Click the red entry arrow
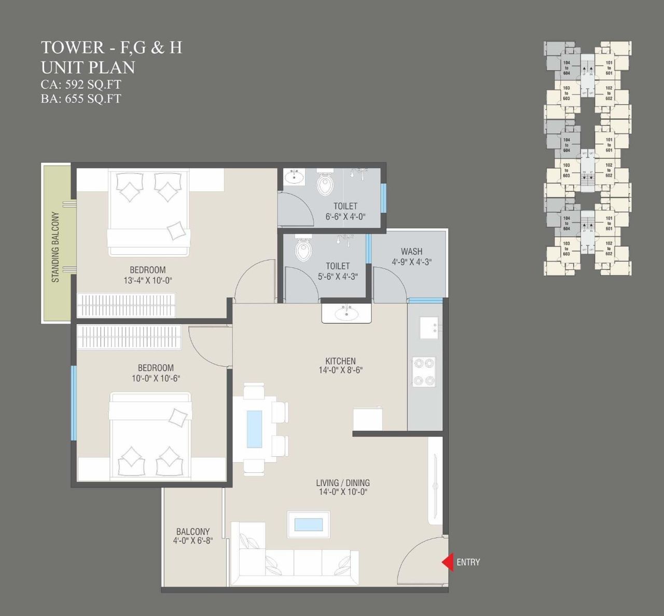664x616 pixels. [447, 562]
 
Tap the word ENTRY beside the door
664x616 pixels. [468, 562]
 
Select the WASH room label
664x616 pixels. [411, 252]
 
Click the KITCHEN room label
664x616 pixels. [340, 361]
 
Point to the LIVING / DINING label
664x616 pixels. [342, 483]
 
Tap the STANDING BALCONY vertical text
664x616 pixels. [56, 248]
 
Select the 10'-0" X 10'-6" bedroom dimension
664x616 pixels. [156, 378]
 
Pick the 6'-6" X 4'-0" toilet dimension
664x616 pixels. [345, 216]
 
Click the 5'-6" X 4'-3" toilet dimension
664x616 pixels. [338, 277]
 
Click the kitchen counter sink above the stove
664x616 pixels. [429, 328]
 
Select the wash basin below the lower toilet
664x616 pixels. [345, 313]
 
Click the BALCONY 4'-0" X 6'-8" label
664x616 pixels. [193, 536]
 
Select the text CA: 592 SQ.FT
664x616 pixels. [81, 85]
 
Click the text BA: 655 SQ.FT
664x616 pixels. [81, 99]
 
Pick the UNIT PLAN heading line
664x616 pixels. [88, 67]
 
